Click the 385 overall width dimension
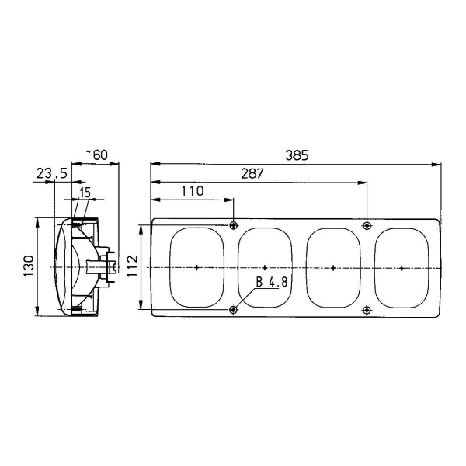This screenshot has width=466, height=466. tap(297, 155)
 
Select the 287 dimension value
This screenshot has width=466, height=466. tap(252, 173)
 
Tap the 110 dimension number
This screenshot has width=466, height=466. tap(193, 191)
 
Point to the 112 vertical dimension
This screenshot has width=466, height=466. tap(133, 266)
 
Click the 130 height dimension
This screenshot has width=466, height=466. tap(30, 266)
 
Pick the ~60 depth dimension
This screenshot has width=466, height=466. tap(97, 155)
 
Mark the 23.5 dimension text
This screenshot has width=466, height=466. tap(52, 173)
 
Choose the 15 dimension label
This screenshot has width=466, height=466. tap(85, 193)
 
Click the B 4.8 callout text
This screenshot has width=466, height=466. tap(272, 283)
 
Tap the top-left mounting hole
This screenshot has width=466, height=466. tap(234, 225)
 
